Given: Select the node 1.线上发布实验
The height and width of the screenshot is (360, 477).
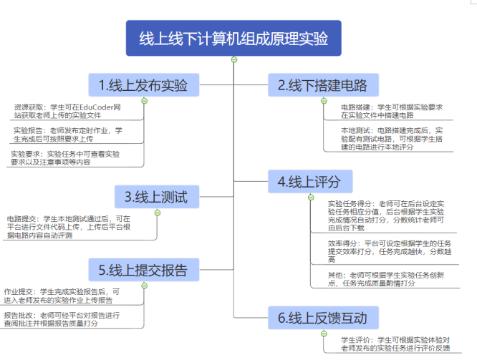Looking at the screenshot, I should [143, 86].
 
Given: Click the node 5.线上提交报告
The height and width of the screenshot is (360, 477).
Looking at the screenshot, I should [143, 270].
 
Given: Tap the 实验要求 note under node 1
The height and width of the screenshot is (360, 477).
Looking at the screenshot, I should [65, 157].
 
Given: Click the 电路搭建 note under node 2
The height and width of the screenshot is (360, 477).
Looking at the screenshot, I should [387, 111].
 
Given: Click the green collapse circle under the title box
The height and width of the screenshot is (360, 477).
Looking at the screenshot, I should [233, 59].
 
